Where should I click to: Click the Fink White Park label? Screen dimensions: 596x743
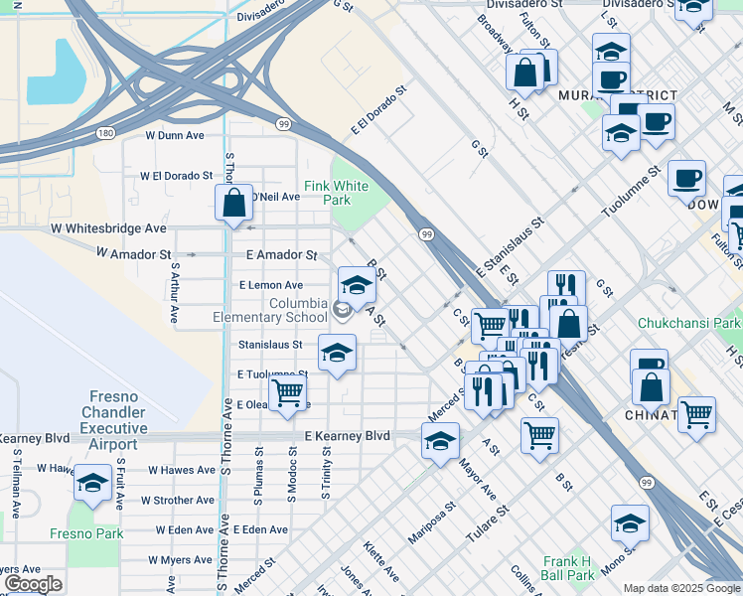336,193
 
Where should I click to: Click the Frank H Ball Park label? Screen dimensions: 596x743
567,567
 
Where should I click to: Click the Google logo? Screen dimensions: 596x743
33,584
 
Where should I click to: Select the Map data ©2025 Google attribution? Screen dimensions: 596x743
681,587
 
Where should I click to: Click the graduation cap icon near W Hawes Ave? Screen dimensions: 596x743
92,483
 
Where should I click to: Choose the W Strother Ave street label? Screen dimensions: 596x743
178,501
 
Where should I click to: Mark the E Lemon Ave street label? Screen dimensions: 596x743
271,285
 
